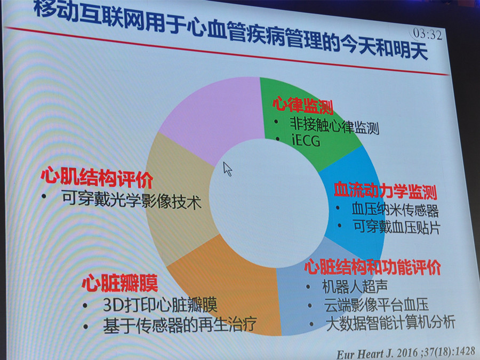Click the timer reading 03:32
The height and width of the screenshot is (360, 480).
pos(428,34)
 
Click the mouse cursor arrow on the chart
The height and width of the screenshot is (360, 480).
pos(227,169)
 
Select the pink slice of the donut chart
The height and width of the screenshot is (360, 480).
pos(214,118)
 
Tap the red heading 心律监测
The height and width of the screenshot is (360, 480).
pos(303,105)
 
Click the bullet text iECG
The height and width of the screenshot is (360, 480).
pos(306,140)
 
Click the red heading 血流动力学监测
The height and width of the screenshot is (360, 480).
pos(386,190)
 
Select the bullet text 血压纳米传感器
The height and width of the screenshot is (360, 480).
pos(395,210)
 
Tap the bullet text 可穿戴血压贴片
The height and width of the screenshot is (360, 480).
pos(397,227)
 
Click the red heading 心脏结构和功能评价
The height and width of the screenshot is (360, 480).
pos(372,267)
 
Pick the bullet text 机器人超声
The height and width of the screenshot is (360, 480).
pos(355,286)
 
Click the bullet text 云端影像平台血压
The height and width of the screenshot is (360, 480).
pos(376,305)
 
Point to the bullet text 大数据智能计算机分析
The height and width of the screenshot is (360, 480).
pos(390,323)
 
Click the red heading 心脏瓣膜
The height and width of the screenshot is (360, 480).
pos(119,283)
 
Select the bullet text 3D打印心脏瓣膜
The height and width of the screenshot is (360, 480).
pos(160,305)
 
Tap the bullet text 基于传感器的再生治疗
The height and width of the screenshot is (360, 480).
pos(180,325)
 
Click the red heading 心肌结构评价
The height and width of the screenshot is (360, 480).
pos(97,177)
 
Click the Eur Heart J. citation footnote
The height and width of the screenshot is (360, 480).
pos(406,353)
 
